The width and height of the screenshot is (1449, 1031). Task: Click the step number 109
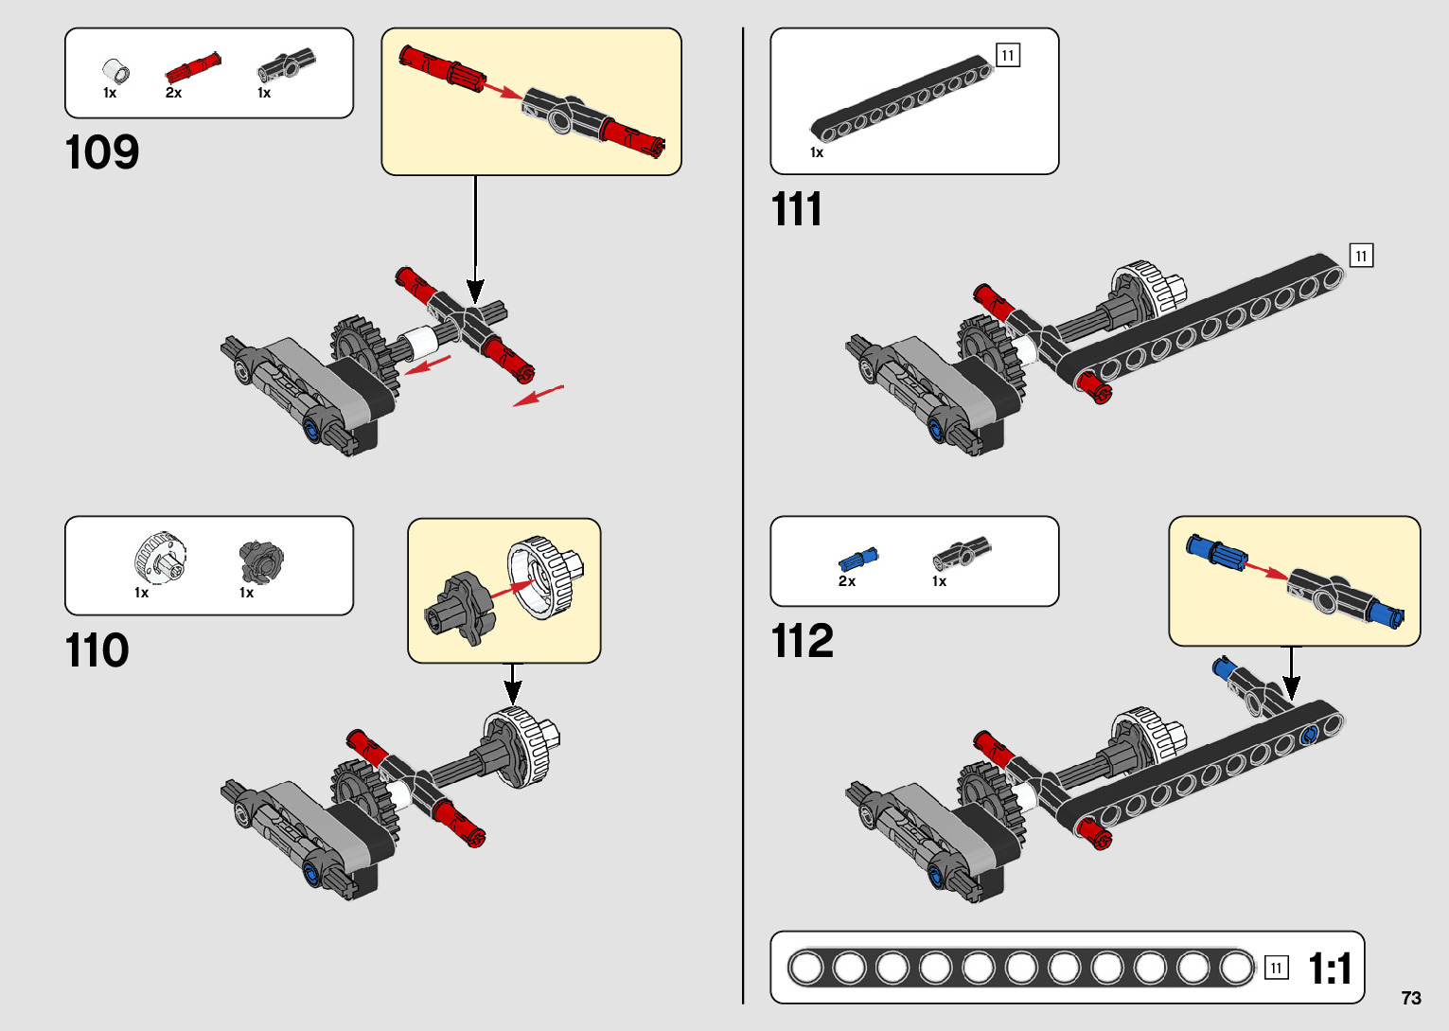pyautogui.click(x=102, y=152)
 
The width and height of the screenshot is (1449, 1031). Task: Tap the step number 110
pyautogui.click(x=97, y=651)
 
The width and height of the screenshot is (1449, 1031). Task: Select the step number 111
pyautogui.click(x=796, y=209)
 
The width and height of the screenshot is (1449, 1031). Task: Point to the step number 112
pyautogui.click(x=803, y=641)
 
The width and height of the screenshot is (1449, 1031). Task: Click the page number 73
pyautogui.click(x=1411, y=998)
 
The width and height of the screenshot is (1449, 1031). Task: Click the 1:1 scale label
pyautogui.click(x=1330, y=969)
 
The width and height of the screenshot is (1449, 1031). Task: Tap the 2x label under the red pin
pyautogui.click(x=173, y=93)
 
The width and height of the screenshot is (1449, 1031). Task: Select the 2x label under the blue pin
pyautogui.click(x=847, y=581)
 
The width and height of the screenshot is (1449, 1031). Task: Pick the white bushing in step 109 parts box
pyautogui.click(x=116, y=71)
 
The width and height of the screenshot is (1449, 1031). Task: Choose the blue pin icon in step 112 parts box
pyautogui.click(x=858, y=559)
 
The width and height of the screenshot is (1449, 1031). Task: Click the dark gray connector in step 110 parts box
pyautogui.click(x=260, y=561)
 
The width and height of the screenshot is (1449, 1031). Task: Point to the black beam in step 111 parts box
pyautogui.click(x=899, y=98)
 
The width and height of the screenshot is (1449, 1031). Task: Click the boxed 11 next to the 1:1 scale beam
pyautogui.click(x=1276, y=968)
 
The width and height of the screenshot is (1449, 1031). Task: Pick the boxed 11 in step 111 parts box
pyautogui.click(x=1008, y=56)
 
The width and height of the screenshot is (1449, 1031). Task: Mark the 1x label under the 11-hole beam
pyautogui.click(x=817, y=152)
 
